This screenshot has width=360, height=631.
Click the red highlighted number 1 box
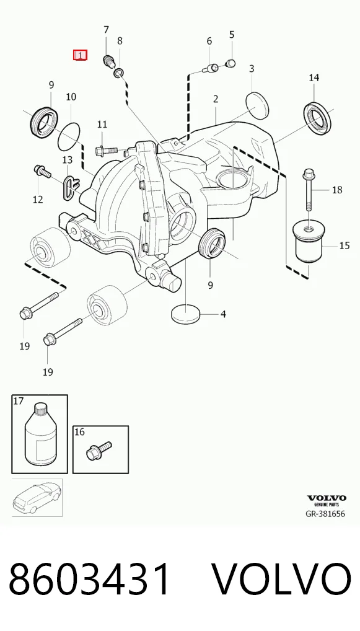[80, 55]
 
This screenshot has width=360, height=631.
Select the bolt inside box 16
[99, 450]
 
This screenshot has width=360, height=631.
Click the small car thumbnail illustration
[37, 497]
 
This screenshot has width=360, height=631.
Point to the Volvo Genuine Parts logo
[326, 500]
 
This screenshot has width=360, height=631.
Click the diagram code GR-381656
[325, 514]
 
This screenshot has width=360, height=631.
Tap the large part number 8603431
[89, 580]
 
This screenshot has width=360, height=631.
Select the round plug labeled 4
[185, 314]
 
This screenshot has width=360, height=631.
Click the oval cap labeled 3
[257, 105]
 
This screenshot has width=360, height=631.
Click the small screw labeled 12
[42, 170]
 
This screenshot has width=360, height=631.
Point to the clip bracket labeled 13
[71, 186]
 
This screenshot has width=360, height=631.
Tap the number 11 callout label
[102, 125]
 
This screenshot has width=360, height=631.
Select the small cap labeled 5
[230, 63]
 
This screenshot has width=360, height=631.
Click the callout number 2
[216, 99]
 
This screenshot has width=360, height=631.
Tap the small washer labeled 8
[119, 73]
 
